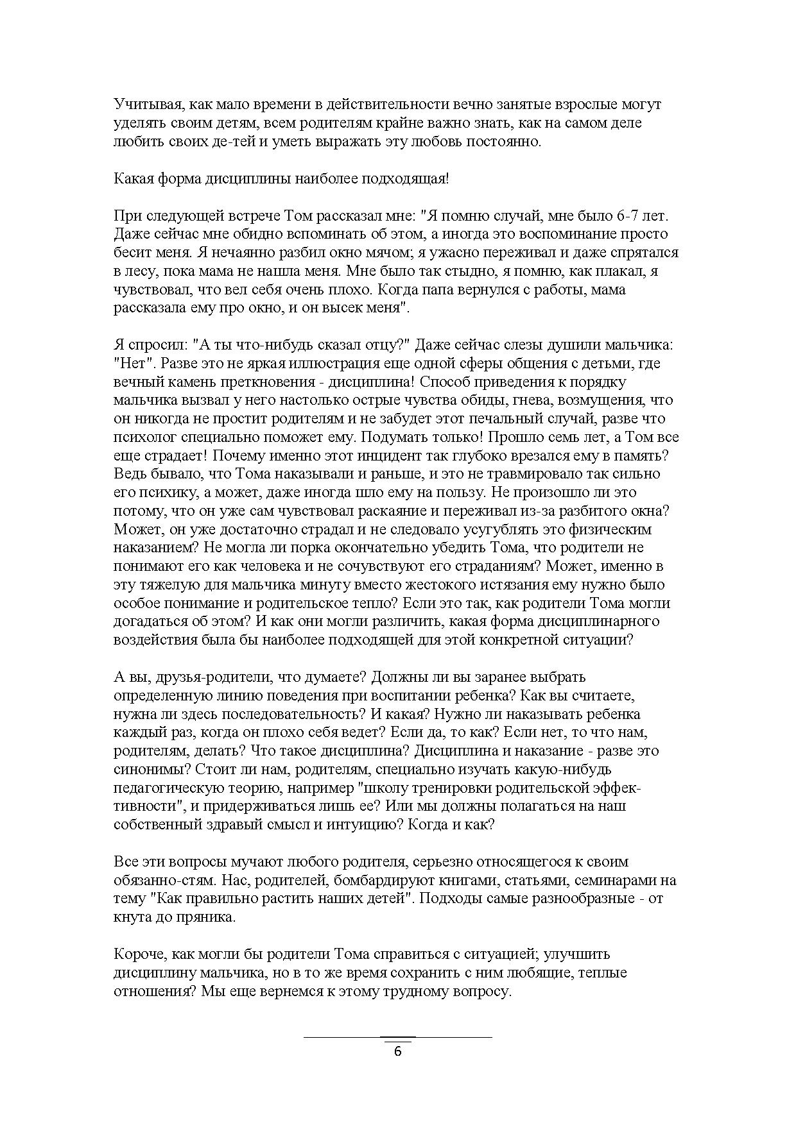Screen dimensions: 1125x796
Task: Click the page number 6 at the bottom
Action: coord(397,1051)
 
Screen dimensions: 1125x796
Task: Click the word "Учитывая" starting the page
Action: coord(144,105)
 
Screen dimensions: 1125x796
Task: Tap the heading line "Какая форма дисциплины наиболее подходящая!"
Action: coord(281,178)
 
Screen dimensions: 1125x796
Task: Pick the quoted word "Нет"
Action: coord(134,364)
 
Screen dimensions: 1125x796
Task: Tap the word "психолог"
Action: coord(145,437)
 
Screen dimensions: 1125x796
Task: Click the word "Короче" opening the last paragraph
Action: coord(139,954)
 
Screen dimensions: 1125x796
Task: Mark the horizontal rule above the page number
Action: coord(397,1036)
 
